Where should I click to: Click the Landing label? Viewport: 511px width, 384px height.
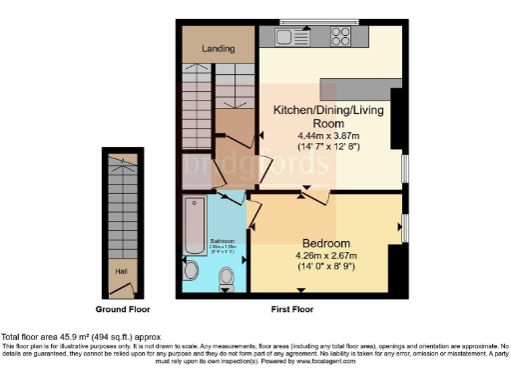(219, 48)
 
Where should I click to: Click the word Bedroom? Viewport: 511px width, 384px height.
(327, 244)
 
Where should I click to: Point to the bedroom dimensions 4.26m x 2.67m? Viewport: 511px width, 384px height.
(327, 256)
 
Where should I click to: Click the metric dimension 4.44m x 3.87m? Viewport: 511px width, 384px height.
(327, 136)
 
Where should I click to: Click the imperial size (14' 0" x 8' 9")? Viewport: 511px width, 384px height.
(327, 267)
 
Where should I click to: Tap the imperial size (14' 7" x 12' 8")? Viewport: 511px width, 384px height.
(327, 147)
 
